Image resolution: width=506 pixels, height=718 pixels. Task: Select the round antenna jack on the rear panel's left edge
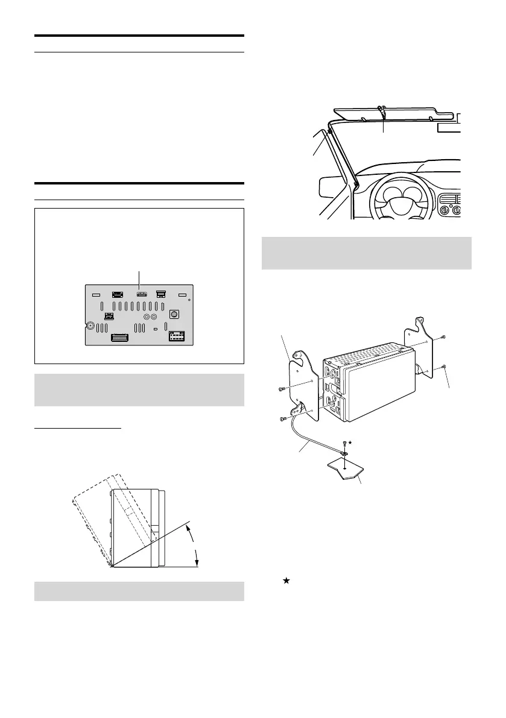tap(90, 326)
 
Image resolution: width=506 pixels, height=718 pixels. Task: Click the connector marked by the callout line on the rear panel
tap(140, 294)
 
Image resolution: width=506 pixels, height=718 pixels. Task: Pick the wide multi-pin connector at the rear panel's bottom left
tap(124, 339)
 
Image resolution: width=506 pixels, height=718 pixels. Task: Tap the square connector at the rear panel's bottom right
tap(178, 337)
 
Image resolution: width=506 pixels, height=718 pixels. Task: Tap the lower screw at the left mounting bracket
tap(283, 418)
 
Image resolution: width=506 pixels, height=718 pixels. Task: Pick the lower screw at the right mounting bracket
tap(443, 367)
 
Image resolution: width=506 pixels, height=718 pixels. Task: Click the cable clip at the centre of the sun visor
tap(381, 110)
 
